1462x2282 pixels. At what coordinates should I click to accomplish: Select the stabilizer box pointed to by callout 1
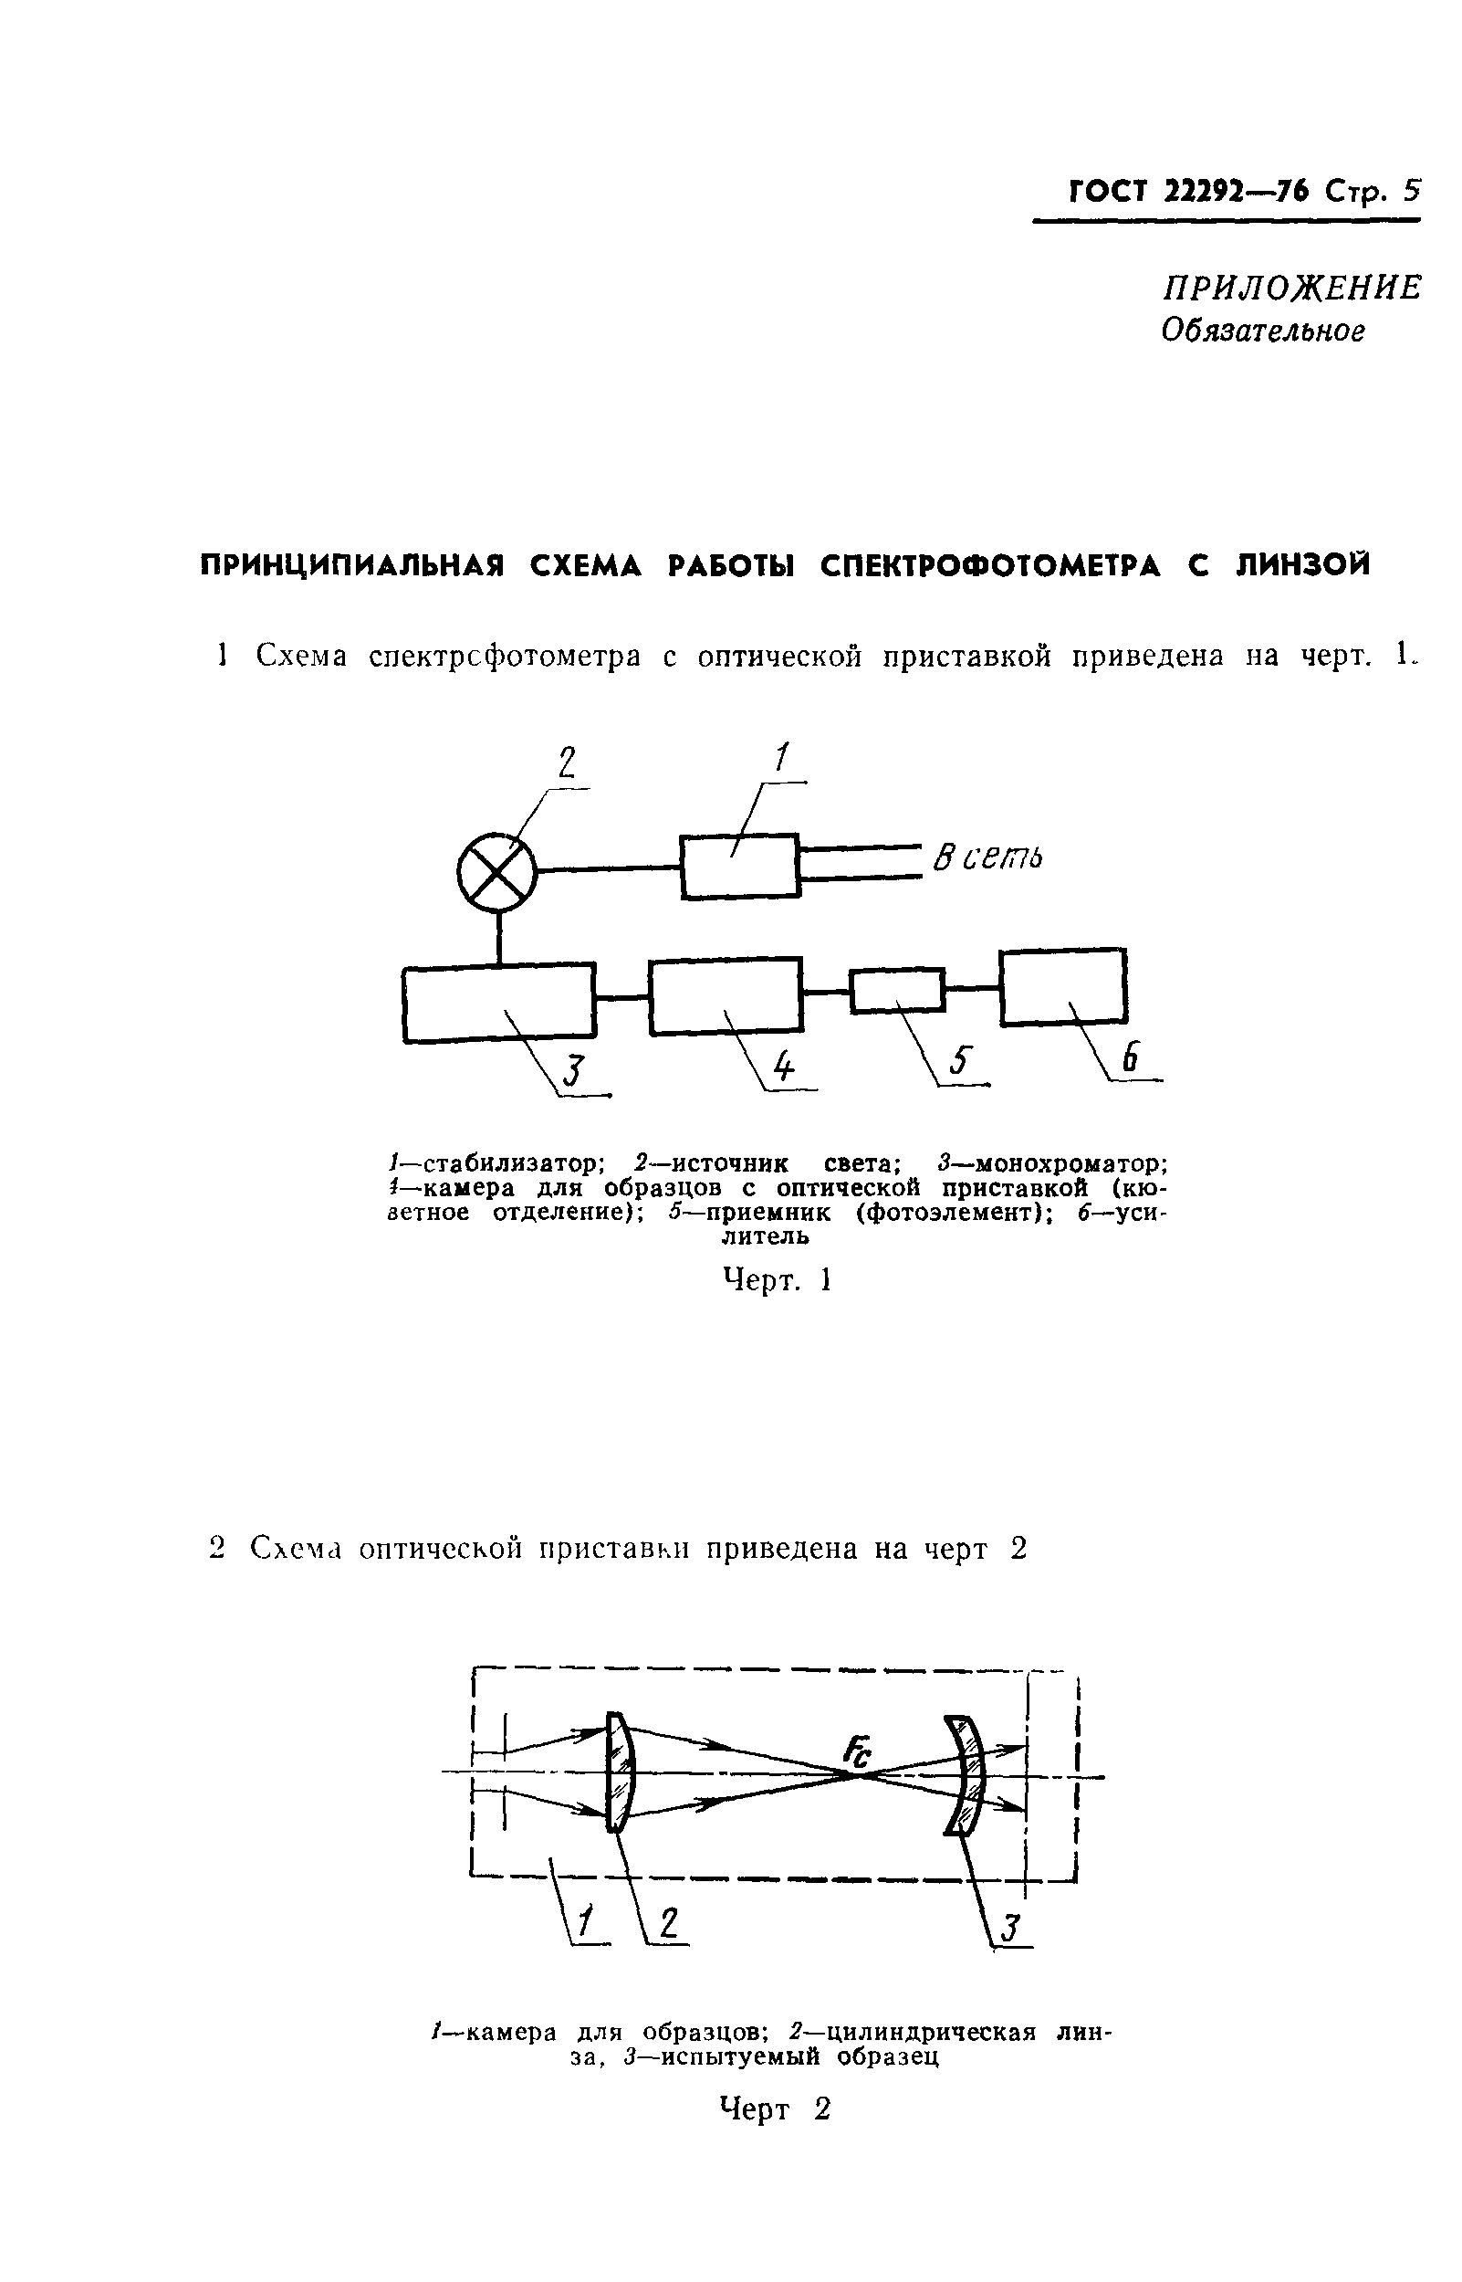click(x=740, y=865)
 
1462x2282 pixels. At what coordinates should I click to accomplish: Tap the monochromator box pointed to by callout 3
click(x=499, y=1003)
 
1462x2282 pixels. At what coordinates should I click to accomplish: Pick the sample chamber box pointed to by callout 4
click(x=726, y=995)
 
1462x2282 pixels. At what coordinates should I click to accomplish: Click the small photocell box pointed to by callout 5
click(x=896, y=991)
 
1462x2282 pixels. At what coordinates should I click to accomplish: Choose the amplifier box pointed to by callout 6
click(x=1063, y=985)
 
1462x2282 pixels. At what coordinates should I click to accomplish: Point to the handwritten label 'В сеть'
click(x=987, y=857)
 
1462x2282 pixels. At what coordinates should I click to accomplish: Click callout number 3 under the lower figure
click(x=1010, y=1929)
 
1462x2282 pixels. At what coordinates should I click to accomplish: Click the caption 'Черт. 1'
click(x=778, y=1281)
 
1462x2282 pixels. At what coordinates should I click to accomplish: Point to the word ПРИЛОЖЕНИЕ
click(x=1292, y=288)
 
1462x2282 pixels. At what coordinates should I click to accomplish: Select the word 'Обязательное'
click(x=1264, y=331)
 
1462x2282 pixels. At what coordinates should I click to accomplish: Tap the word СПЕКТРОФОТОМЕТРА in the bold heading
click(x=991, y=565)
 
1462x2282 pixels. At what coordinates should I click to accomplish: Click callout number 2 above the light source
click(x=567, y=762)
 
